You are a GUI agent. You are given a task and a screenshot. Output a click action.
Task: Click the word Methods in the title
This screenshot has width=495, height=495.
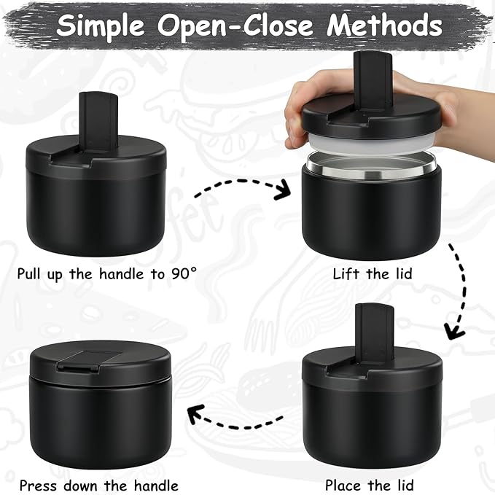click(384, 26)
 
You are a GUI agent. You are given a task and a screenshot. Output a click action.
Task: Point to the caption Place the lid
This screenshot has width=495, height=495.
click(370, 485)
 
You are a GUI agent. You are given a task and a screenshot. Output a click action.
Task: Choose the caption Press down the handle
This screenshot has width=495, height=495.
click(98, 485)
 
